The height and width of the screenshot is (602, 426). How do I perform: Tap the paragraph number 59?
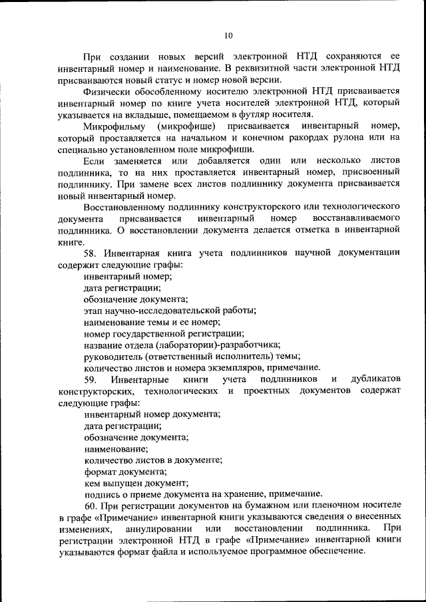[x=92, y=379]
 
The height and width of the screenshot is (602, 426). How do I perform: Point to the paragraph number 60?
[x=92, y=506]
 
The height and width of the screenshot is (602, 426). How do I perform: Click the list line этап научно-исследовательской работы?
[x=170, y=310]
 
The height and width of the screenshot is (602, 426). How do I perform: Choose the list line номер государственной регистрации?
[x=164, y=333]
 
